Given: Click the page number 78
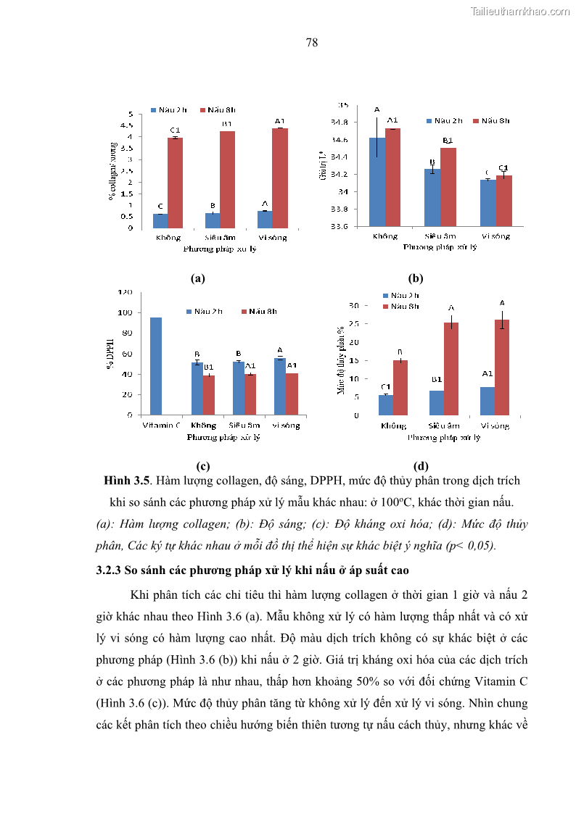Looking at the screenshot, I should pos(312,43).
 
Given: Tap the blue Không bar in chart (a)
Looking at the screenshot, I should pos(160,220).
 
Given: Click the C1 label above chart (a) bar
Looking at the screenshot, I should pos(175,130).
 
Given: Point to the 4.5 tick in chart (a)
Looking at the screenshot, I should pos(130,125).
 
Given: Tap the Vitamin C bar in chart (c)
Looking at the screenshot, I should pos(156,366).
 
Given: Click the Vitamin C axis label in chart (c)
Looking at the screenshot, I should pos(161,425).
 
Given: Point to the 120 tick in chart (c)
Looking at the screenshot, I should pos(126,293).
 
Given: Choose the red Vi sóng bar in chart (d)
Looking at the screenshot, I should pos(502,367).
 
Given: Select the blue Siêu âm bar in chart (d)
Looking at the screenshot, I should pos(437,403).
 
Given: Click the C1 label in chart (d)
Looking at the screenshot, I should pos(386,387).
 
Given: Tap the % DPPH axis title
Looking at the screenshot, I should pos(111,354).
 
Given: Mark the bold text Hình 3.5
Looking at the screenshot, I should pos(126,481).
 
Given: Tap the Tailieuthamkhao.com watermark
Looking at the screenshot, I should pos(520,11).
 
